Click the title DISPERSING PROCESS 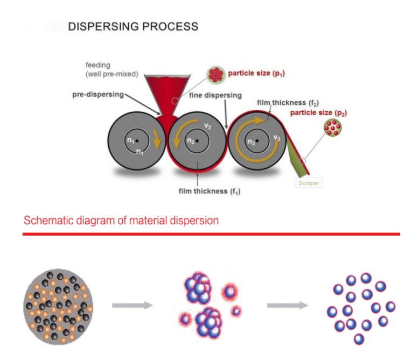coord(133,26)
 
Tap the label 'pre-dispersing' coord(97,94)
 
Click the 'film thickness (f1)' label coord(211,190)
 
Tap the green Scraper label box coord(308,183)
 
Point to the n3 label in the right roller coord(251,142)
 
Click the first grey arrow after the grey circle coord(132,305)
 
